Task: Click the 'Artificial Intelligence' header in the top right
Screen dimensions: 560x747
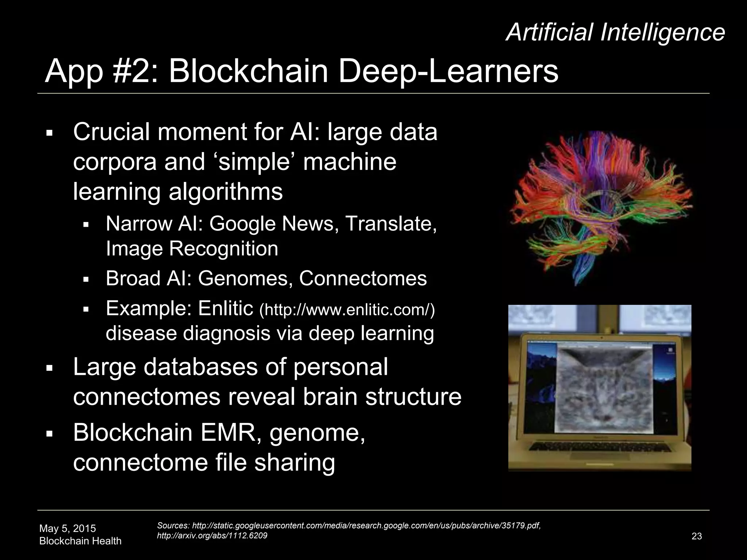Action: (x=615, y=32)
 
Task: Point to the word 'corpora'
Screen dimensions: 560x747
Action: (x=115, y=162)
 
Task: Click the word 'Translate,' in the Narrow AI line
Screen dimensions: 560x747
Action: (x=391, y=223)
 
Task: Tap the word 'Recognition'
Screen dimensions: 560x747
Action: (x=223, y=249)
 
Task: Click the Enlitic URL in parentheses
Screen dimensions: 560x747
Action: (x=347, y=310)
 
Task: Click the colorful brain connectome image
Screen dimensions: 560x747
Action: (x=600, y=208)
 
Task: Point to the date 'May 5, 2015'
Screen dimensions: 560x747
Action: (x=67, y=528)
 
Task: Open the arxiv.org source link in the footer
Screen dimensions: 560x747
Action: (x=212, y=536)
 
